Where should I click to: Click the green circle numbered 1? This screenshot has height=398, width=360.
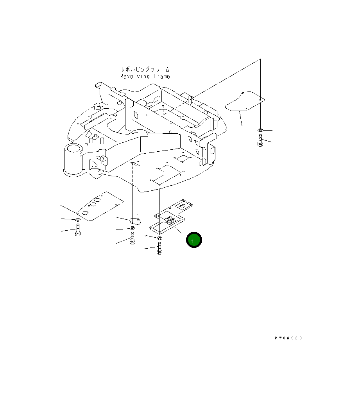pos(194,240)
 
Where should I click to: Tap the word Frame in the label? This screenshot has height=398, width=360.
pos(161,77)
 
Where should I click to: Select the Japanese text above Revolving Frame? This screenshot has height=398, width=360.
pos(145,70)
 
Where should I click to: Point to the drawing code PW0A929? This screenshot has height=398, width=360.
pos(288,338)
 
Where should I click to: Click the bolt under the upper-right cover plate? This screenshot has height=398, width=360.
pos(260,140)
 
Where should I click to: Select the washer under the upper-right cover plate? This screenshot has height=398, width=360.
pos(260,129)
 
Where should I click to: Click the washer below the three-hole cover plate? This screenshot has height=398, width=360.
pos(77,221)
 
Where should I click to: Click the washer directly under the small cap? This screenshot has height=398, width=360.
pos(133,228)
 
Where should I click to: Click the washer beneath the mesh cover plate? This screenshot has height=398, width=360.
pos(160,238)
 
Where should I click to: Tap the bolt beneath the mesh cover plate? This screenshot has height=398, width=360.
pos(159,249)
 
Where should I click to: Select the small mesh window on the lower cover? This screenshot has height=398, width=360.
pos(182,204)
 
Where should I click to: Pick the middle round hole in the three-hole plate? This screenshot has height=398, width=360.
pos(93,204)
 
